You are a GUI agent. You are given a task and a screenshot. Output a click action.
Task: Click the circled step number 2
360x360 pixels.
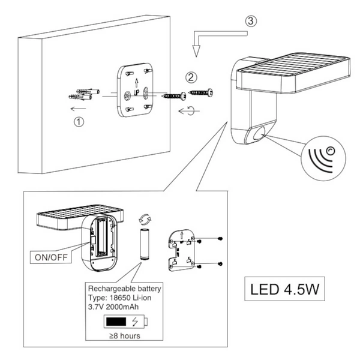[x=191, y=77]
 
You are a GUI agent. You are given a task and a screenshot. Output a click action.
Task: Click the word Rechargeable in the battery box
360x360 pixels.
[x=109, y=288]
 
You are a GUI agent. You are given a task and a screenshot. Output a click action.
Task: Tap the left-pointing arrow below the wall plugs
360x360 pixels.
[x=76, y=109]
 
